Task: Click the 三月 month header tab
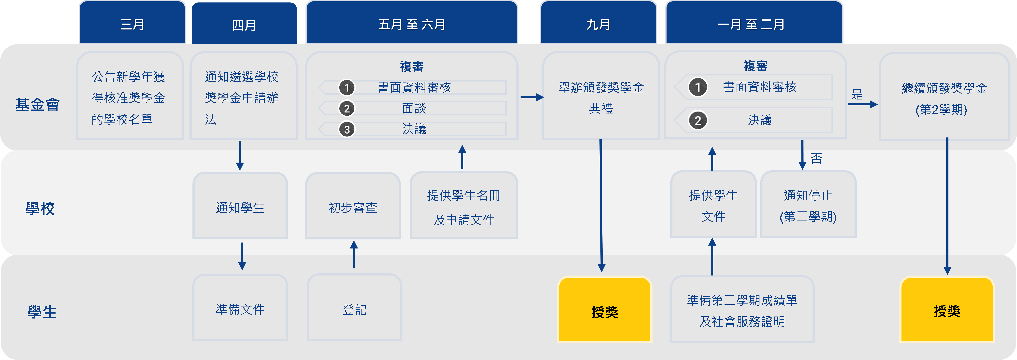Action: (x=132, y=25)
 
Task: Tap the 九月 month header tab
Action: (x=598, y=25)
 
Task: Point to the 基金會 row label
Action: (x=38, y=105)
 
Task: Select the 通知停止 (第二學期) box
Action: (x=808, y=205)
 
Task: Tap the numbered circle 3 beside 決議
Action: (x=347, y=129)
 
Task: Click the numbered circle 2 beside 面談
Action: (x=347, y=109)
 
